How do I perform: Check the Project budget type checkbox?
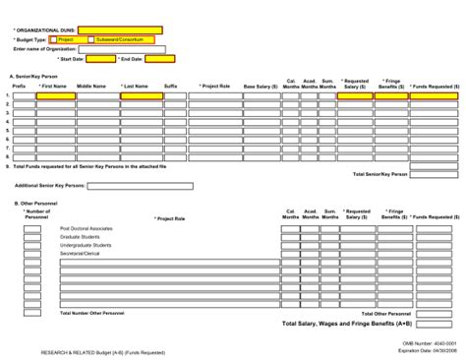click(66, 39)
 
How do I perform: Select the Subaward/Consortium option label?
click(119, 39)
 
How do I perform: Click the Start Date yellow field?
click(101, 58)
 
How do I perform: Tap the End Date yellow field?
click(160, 58)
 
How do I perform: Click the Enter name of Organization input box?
click(129, 48)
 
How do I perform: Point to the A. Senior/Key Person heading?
click(34, 76)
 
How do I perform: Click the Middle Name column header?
click(91, 87)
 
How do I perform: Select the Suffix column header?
click(170, 87)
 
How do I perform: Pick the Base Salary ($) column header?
click(261, 87)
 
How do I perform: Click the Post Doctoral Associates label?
click(87, 228)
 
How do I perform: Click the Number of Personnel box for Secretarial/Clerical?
click(32, 254)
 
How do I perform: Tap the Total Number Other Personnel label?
click(92, 313)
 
